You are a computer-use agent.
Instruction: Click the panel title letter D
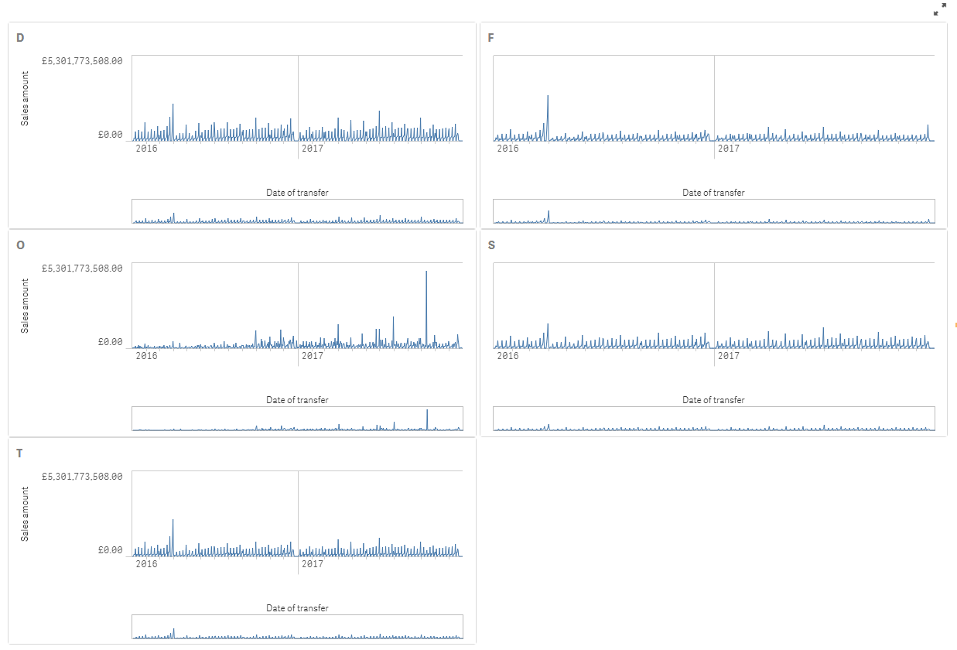point(20,38)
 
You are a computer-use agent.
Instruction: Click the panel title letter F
point(491,38)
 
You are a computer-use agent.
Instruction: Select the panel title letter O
point(21,245)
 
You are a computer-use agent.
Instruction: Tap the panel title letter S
point(492,245)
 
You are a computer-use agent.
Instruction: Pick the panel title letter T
point(20,453)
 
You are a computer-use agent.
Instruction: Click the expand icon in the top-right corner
point(940,9)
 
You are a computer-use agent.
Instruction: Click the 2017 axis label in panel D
point(313,148)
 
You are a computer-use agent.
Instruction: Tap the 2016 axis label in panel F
point(508,148)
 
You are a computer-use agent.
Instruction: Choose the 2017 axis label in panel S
point(729,356)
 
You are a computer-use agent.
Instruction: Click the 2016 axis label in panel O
point(146,356)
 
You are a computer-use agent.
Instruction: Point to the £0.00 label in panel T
point(110,551)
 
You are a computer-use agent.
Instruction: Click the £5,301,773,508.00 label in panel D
point(82,60)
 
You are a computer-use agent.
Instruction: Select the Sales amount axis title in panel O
point(25,305)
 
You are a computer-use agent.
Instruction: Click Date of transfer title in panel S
point(713,400)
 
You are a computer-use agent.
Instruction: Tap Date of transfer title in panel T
point(297,608)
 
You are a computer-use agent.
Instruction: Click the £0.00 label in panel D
point(110,135)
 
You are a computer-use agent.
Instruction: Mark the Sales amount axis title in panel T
point(25,514)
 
